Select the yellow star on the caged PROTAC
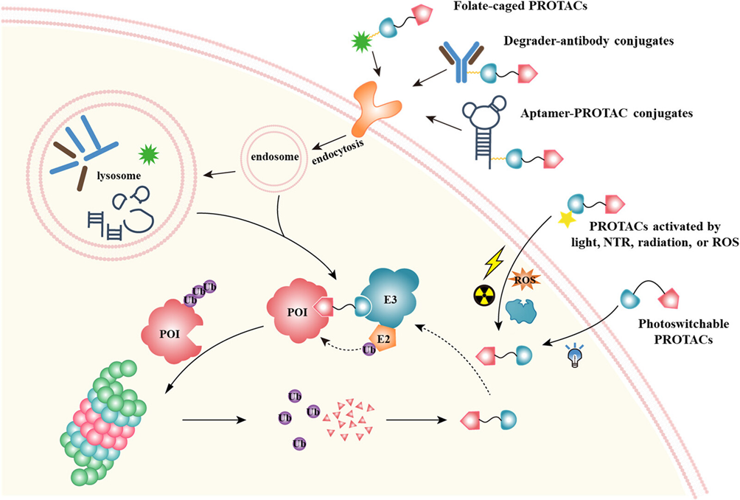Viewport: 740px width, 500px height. coord(566,218)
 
